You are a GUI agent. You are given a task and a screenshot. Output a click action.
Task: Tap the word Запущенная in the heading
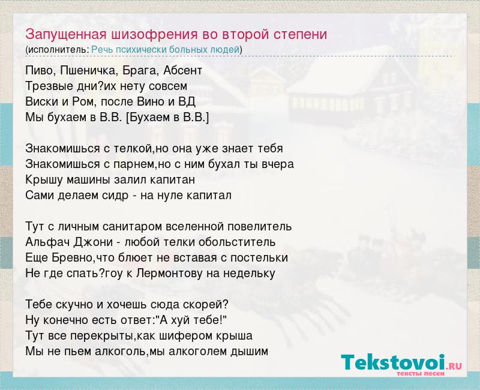click(66, 35)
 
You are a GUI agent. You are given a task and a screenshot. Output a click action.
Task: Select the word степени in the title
click(300, 35)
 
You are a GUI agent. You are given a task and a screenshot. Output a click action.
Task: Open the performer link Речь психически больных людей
click(166, 50)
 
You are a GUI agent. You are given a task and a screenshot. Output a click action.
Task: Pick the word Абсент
click(182, 71)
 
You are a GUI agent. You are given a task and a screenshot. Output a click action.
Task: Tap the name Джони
click(94, 242)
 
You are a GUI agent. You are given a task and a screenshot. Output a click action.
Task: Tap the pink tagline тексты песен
click(421, 373)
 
